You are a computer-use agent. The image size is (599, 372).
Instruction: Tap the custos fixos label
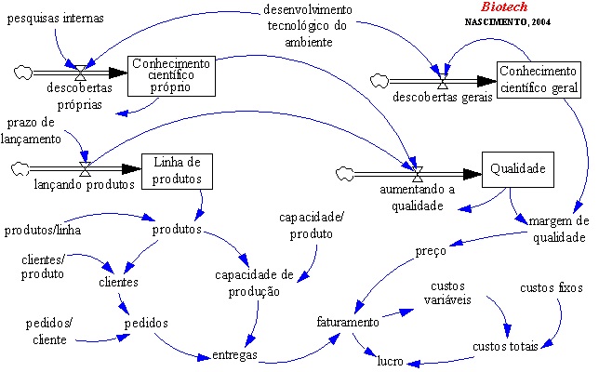552,288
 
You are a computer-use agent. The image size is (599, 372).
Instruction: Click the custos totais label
505,346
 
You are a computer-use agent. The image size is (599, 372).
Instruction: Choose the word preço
432,250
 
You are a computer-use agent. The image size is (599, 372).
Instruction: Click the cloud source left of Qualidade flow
347,171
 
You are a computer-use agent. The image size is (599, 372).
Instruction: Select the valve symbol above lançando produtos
85,167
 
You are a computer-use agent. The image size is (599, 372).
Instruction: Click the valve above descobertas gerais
443,80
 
